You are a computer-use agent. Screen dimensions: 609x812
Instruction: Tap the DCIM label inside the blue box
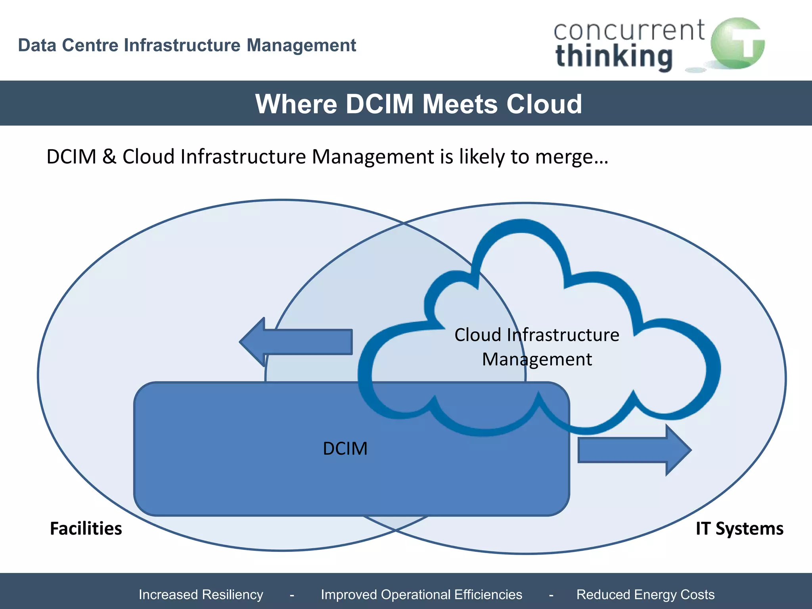[x=345, y=448]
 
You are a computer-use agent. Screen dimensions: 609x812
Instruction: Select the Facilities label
[x=86, y=529]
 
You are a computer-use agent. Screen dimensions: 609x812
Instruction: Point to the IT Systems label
[x=739, y=529]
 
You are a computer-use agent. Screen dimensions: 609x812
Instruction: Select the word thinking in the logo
[x=614, y=57]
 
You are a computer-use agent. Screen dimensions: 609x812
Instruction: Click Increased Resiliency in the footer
[x=201, y=594]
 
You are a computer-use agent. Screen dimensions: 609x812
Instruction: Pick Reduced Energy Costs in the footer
[x=645, y=594]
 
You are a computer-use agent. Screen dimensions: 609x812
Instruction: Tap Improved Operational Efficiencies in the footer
[x=421, y=594]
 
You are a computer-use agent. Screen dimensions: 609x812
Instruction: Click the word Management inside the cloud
[x=537, y=359]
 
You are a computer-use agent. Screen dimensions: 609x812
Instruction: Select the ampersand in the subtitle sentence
[x=109, y=156]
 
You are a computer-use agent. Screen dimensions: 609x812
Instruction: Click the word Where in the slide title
[x=296, y=104]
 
